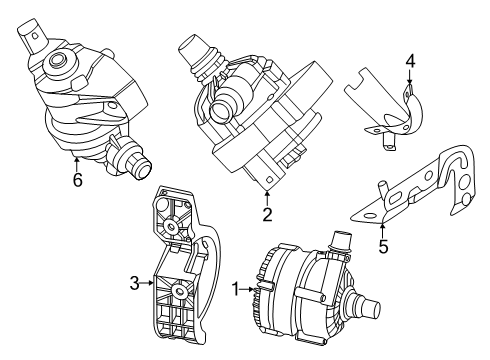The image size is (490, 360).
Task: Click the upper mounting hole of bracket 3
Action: tap(174, 229)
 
